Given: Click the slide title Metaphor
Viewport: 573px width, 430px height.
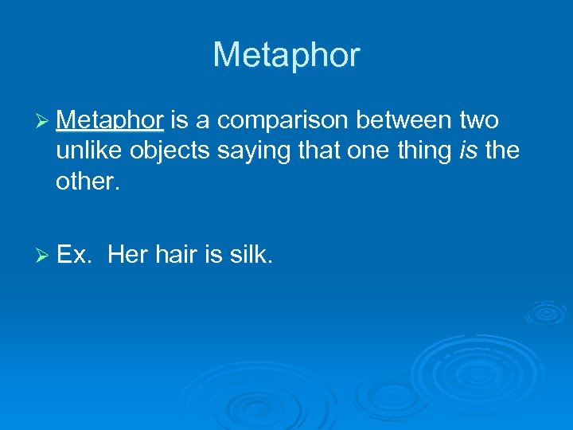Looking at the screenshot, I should pyautogui.click(x=286, y=55).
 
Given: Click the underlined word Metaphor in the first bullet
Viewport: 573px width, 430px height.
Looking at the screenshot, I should pyautogui.click(x=110, y=120).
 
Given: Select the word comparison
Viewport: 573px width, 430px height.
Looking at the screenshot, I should pyautogui.click(x=285, y=122).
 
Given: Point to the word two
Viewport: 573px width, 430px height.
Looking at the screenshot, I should pyautogui.click(x=479, y=121).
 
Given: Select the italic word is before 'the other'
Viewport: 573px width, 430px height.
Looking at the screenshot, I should pyautogui.click(x=469, y=150).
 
